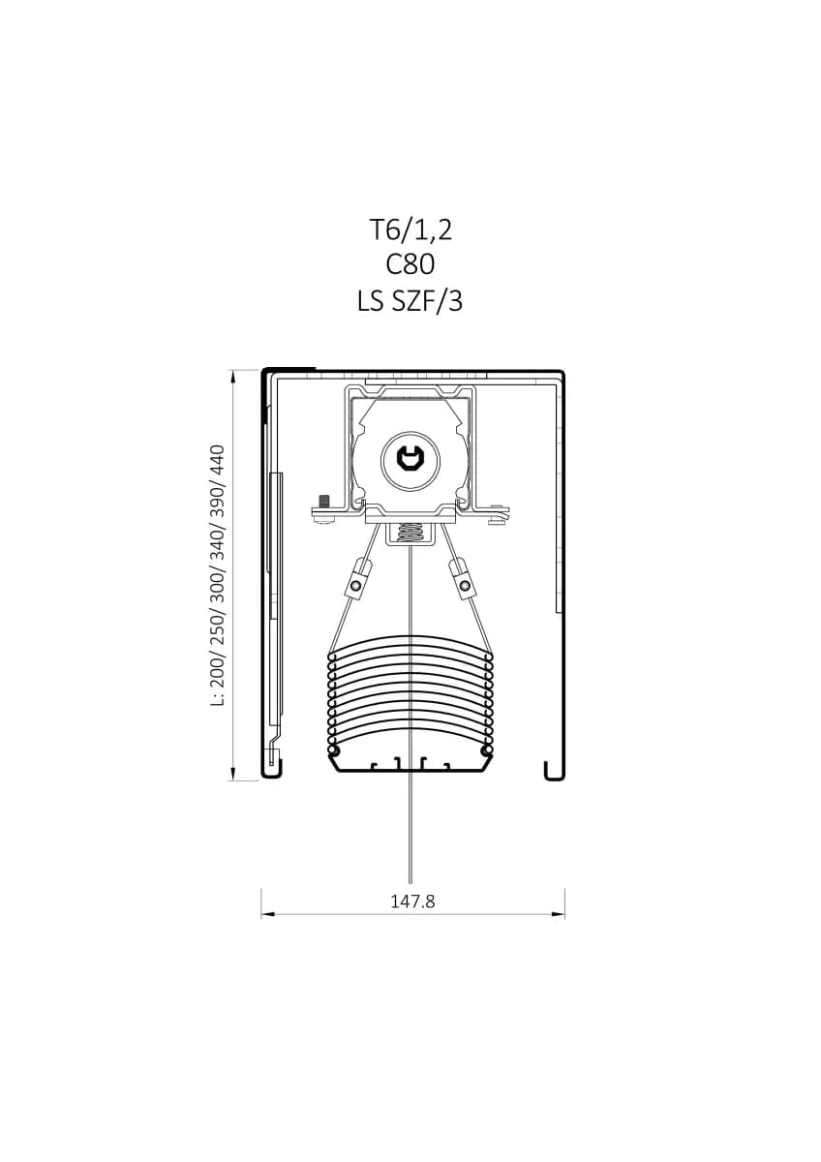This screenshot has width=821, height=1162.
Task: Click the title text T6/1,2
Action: [410, 229]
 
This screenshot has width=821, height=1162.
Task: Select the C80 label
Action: [410, 265]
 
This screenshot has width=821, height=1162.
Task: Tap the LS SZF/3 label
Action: [410, 301]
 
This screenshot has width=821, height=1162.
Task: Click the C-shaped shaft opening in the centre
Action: [410, 459]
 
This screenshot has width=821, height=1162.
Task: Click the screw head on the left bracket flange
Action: [324, 502]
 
